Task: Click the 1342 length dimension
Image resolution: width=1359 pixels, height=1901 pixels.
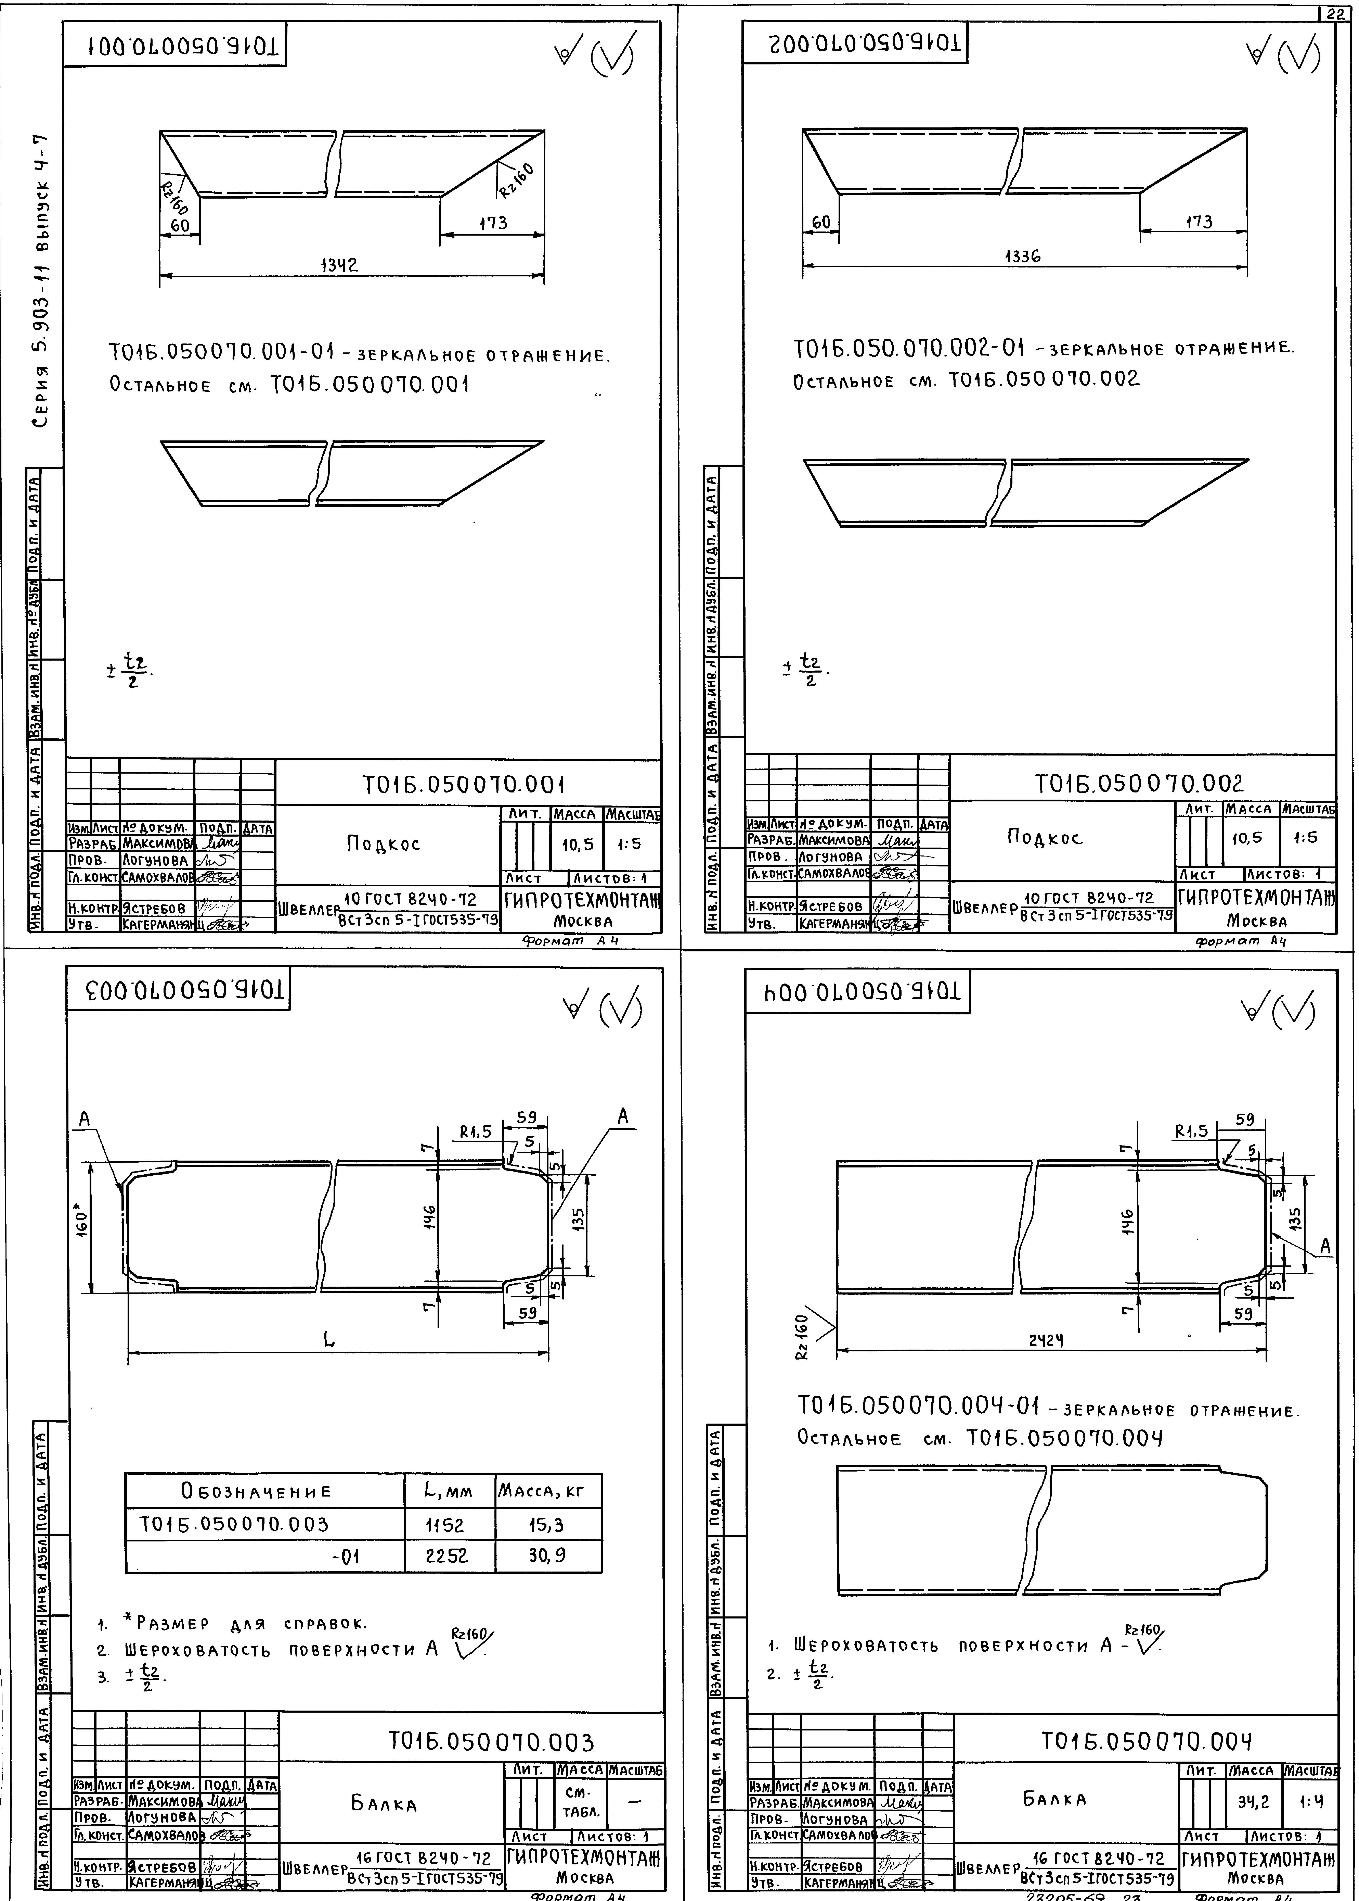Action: pyautogui.click(x=340, y=264)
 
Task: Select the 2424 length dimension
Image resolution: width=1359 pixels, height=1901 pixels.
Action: pyautogui.click(x=1046, y=1339)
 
